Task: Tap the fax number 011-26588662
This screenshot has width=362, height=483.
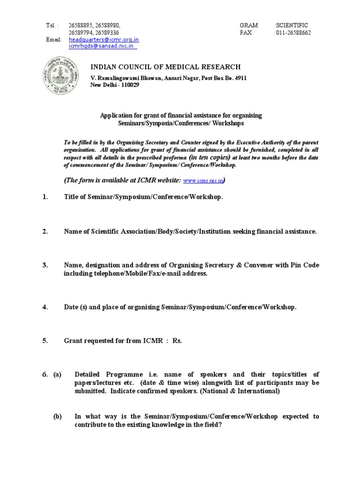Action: click(292, 33)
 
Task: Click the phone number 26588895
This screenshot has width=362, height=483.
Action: click(82, 25)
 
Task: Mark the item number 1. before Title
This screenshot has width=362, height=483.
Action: click(45, 197)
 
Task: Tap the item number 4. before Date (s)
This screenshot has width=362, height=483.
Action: click(45, 307)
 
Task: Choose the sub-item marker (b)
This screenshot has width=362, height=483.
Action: click(58, 416)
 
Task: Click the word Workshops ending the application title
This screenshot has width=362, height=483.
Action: click(228, 123)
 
